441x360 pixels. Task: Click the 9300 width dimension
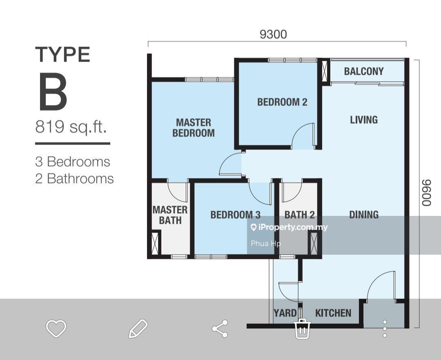click(x=273, y=34)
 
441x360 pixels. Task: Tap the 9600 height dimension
click(x=426, y=193)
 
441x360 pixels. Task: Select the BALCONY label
click(x=364, y=71)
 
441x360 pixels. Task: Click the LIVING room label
click(x=364, y=120)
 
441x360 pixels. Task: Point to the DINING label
click(x=364, y=215)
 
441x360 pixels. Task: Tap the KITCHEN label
click(x=333, y=313)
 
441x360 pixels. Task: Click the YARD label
click(x=285, y=313)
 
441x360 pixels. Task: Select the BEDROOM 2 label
click(x=282, y=102)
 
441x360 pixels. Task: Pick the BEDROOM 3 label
click(x=236, y=215)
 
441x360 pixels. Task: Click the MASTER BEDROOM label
click(x=194, y=128)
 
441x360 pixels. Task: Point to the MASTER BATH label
click(x=170, y=215)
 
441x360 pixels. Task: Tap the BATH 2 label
click(x=300, y=215)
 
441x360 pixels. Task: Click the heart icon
click(x=56, y=328)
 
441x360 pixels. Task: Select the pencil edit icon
click(x=138, y=329)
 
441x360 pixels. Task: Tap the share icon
click(x=220, y=329)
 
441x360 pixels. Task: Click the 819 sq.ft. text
click(x=71, y=127)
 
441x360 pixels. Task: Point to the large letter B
click(x=53, y=91)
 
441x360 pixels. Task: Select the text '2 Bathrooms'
click(x=75, y=179)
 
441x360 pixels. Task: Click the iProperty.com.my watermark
click(x=289, y=227)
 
